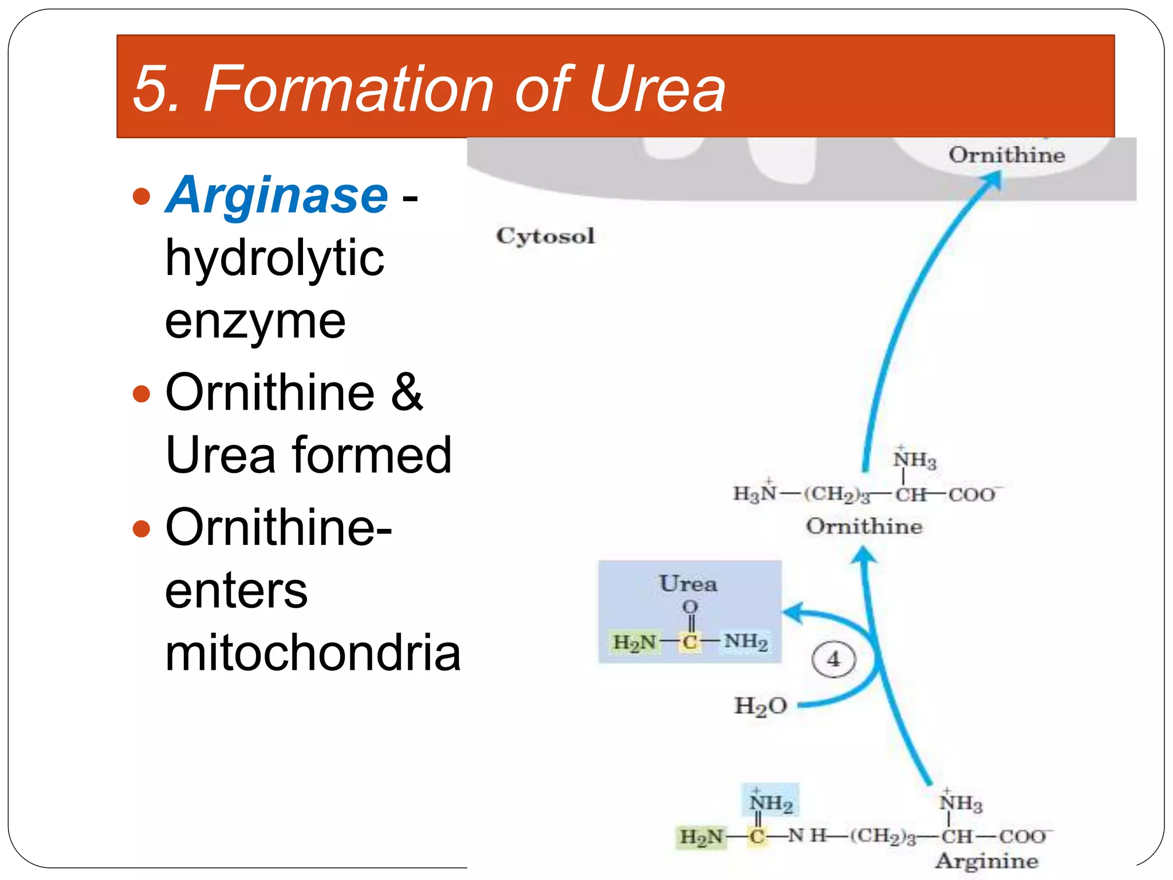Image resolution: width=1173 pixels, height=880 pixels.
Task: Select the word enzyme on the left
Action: pyautogui.click(x=255, y=321)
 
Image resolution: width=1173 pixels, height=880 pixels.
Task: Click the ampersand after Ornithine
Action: pyautogui.click(x=407, y=392)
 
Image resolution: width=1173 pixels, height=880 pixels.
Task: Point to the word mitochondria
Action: pyautogui.click(x=313, y=653)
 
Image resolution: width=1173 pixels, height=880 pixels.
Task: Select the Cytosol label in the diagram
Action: pyautogui.click(x=545, y=236)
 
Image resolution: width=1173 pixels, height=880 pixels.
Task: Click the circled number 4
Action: pyautogui.click(x=833, y=659)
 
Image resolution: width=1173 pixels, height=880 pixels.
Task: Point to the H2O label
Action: pyautogui.click(x=761, y=706)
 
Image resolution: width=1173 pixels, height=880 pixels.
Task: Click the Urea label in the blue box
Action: pyautogui.click(x=688, y=584)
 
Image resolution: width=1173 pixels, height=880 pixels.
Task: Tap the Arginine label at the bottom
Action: pyautogui.click(x=986, y=861)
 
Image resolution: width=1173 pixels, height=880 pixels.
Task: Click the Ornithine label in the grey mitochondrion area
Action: pyautogui.click(x=1006, y=155)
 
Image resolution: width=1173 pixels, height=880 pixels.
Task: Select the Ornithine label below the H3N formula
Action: pyautogui.click(x=864, y=527)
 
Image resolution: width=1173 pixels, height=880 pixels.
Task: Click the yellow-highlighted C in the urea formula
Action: pyautogui.click(x=690, y=642)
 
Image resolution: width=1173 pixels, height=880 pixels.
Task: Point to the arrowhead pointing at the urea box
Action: pyautogui.click(x=792, y=612)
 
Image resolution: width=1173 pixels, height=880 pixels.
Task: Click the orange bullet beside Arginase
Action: pyautogui.click(x=141, y=197)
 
